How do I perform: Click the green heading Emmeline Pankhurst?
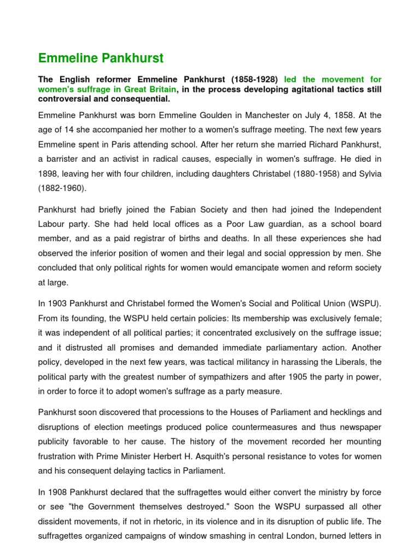101,58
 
